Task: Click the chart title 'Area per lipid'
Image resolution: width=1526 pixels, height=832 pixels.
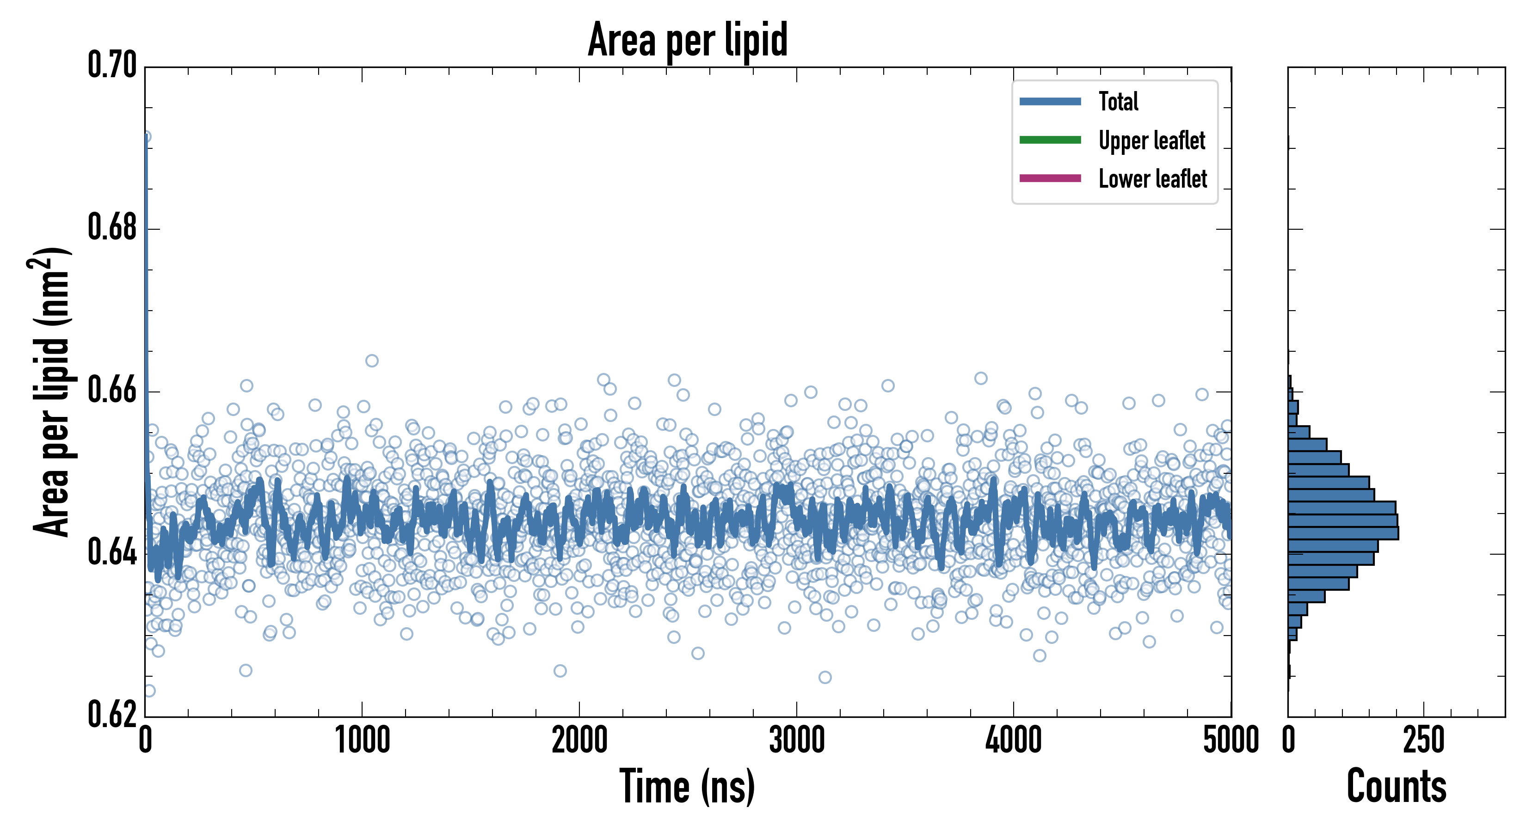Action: point(687,39)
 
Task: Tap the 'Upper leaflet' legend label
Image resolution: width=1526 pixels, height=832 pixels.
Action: point(1151,141)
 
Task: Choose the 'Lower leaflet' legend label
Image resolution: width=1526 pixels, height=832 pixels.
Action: point(1152,178)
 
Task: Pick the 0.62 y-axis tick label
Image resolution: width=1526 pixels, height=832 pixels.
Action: point(112,714)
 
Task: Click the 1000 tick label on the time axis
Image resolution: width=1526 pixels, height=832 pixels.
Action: point(363,740)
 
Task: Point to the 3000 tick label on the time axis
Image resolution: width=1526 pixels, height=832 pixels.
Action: point(797,740)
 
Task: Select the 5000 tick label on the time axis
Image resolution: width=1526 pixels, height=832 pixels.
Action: point(1231,740)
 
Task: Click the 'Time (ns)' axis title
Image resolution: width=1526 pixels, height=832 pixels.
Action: point(687,786)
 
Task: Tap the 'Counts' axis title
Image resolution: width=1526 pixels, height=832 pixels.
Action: point(1396,786)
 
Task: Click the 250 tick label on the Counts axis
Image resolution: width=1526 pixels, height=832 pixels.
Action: point(1423,740)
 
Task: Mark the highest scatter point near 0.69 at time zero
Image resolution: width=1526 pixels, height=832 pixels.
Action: point(145,137)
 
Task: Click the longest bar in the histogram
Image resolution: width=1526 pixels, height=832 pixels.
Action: point(1343,532)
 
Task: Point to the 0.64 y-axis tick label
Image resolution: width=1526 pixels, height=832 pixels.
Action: point(112,552)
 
